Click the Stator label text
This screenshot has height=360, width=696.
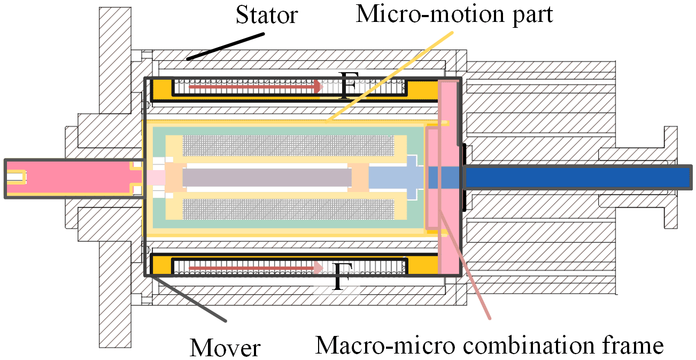coord(267,14)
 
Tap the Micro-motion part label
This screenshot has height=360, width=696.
coord(454,14)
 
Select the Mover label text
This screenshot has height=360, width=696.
coord(225,347)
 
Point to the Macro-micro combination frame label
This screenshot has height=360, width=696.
coord(489,345)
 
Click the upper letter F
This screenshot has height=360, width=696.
coord(349,85)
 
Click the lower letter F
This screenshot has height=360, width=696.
coord(342,277)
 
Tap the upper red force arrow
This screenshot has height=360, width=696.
coord(256,87)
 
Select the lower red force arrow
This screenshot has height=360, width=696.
coord(256,268)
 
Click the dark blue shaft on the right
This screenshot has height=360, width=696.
coord(578,177)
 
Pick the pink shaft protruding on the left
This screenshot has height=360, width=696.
coord(75,179)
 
